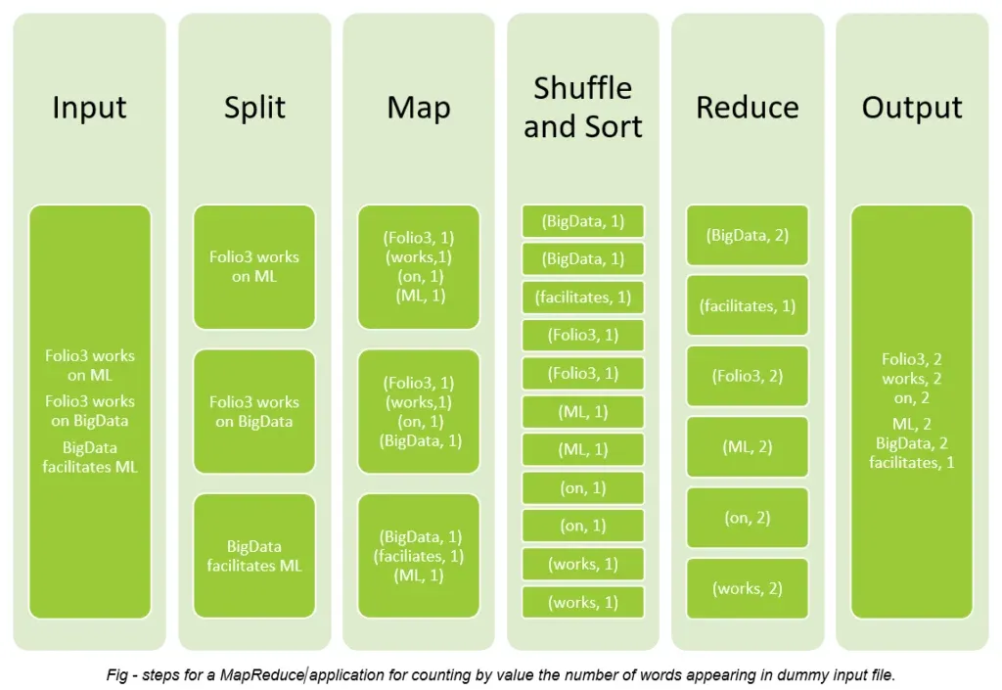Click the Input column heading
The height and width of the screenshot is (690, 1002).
point(90,107)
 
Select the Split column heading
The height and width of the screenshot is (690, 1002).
point(254,107)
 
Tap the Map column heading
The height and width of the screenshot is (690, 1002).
point(419,107)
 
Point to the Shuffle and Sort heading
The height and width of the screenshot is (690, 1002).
point(583,107)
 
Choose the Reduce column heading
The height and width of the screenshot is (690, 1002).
point(748,107)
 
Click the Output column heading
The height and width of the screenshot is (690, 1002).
point(912,107)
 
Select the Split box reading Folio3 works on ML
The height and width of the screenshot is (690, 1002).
point(254,266)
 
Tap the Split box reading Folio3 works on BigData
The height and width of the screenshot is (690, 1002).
point(254,411)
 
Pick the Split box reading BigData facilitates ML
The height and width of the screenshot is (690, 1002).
point(254,556)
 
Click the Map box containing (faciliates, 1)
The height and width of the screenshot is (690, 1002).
point(419,556)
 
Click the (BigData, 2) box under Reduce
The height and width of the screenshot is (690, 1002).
point(748,235)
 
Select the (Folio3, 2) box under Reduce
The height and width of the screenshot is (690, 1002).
point(748,376)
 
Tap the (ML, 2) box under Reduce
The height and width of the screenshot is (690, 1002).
point(748,447)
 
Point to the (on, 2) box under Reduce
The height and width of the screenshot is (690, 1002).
point(748,518)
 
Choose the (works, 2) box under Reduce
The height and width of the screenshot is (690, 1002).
point(748,588)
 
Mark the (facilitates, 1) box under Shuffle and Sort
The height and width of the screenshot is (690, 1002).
point(583,297)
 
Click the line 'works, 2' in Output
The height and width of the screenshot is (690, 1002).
point(912,379)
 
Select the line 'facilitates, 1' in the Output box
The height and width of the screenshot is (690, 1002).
point(912,462)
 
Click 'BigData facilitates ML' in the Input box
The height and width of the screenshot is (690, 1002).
point(90,457)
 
